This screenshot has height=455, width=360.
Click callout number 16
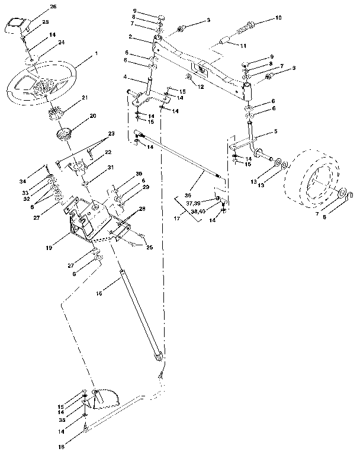pos(99,293)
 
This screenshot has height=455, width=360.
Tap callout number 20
pos(92,117)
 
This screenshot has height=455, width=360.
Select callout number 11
pos(242,46)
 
